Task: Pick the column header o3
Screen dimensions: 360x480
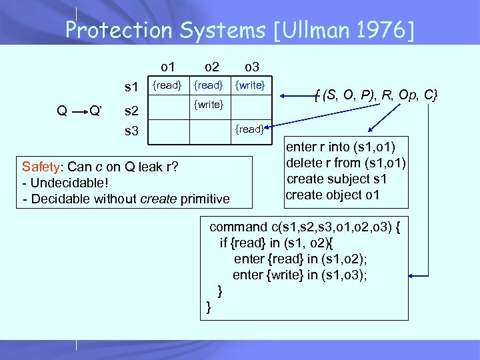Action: click(x=251, y=66)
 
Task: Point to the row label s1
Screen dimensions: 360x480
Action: click(x=131, y=87)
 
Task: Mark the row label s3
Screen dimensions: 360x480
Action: click(x=131, y=131)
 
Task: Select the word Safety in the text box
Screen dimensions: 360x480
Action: click(x=39, y=165)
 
